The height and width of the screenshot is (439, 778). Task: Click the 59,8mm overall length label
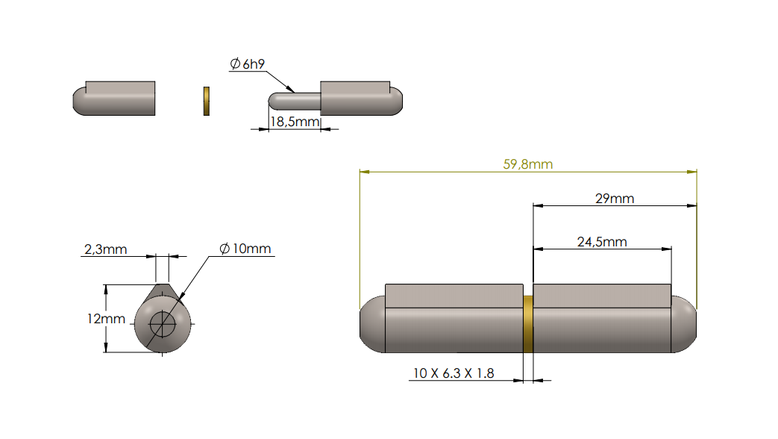click(x=527, y=164)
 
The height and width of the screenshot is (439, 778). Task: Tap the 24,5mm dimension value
click(x=601, y=241)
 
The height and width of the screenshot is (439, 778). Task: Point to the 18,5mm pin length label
click(x=294, y=121)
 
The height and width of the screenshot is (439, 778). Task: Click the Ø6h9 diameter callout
click(x=246, y=65)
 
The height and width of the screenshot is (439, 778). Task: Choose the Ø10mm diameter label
click(x=245, y=249)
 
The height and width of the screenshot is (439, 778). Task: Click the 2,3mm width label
click(x=104, y=249)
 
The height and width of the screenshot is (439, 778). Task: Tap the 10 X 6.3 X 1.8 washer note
click(x=454, y=373)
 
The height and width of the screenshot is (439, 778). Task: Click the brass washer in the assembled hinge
click(x=528, y=324)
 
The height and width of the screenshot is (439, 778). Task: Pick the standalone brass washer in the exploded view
click(x=206, y=101)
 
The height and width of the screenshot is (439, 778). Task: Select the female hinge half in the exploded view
click(x=116, y=98)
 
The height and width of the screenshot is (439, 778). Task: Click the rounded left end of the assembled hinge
click(x=371, y=324)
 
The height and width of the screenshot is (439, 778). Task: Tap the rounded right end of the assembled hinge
click(x=686, y=324)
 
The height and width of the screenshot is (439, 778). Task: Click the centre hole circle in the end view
click(x=162, y=324)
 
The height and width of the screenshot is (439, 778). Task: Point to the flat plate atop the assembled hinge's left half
click(x=454, y=296)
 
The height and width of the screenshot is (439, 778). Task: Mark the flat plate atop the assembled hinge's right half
click(x=603, y=296)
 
